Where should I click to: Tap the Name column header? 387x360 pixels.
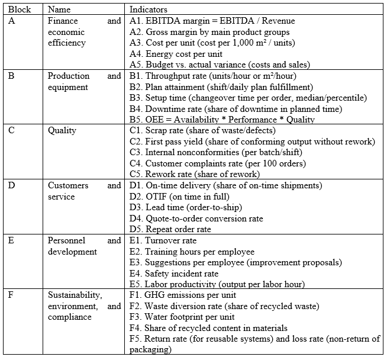tap(59, 10)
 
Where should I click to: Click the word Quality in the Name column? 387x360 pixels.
tap(62, 131)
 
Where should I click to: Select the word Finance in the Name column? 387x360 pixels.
tap(63, 21)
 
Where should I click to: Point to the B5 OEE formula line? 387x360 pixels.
tap(222, 120)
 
